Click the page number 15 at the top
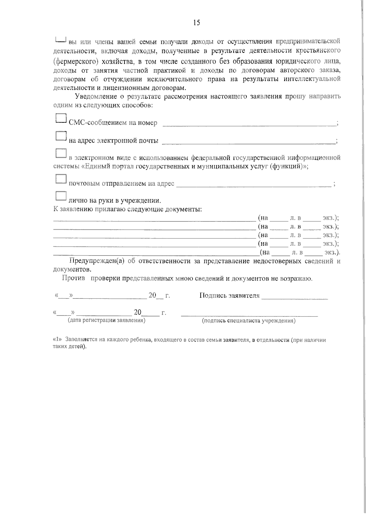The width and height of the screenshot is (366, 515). point(196,23)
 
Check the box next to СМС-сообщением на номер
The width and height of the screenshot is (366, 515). point(61,118)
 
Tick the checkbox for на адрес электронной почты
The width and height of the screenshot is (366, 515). point(61,136)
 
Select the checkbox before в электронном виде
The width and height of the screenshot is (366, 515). point(61,153)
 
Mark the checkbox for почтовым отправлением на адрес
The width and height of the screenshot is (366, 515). point(61,179)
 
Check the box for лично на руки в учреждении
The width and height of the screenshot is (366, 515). point(61,196)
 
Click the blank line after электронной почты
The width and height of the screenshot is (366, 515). point(248,142)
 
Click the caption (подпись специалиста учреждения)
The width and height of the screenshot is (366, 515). point(249,321)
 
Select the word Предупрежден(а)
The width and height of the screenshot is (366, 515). point(97,261)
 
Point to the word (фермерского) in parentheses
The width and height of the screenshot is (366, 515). point(76,62)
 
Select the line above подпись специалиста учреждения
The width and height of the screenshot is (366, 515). point(249,316)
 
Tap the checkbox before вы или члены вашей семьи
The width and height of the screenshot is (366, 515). point(61,39)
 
